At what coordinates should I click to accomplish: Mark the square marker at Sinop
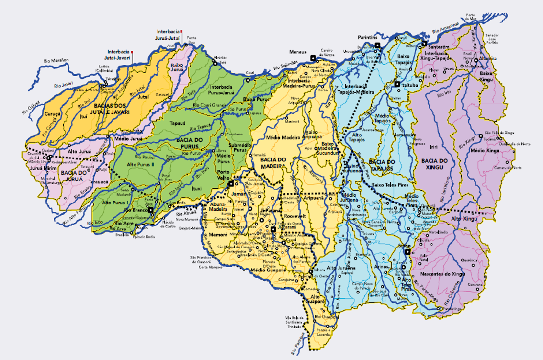click(407, 252)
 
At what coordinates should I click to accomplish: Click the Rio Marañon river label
click(56, 60)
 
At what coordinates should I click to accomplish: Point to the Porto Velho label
click(224, 175)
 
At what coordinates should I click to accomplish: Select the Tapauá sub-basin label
click(177, 124)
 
